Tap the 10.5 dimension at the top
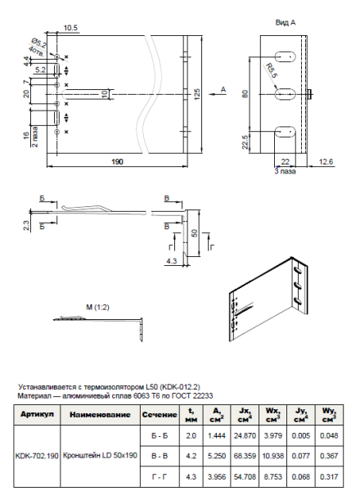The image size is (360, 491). coord(70,26)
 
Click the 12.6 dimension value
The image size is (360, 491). coord(326,162)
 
